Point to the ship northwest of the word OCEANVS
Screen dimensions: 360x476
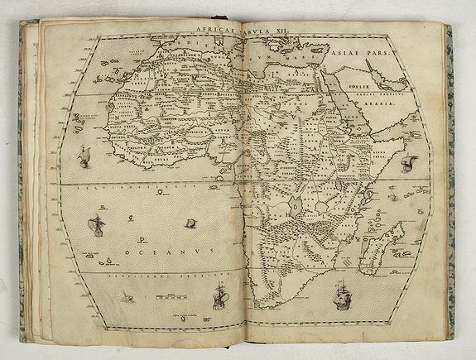(98, 223)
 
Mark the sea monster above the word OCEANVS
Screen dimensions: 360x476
(190, 223)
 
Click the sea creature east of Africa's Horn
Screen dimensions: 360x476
(408, 162)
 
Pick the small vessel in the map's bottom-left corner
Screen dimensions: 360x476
(126, 296)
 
